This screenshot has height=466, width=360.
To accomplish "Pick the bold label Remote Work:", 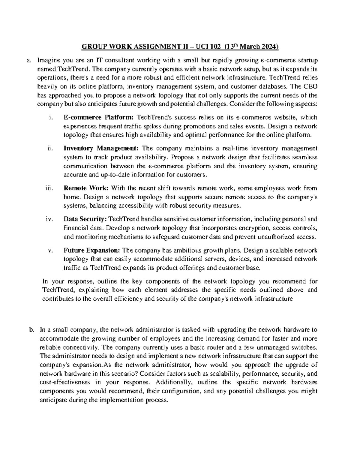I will [x=86, y=188].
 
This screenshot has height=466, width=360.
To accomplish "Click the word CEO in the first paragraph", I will [x=307, y=87].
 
